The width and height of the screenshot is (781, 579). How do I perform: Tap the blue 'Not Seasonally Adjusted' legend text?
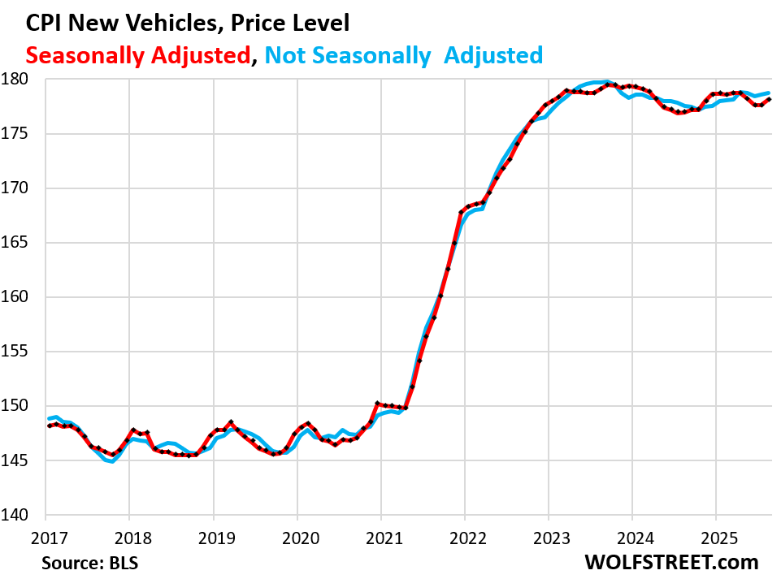click(x=404, y=55)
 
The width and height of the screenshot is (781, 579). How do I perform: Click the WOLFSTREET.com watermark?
click(x=670, y=561)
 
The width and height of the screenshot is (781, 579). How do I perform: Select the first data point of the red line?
click(x=48, y=426)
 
